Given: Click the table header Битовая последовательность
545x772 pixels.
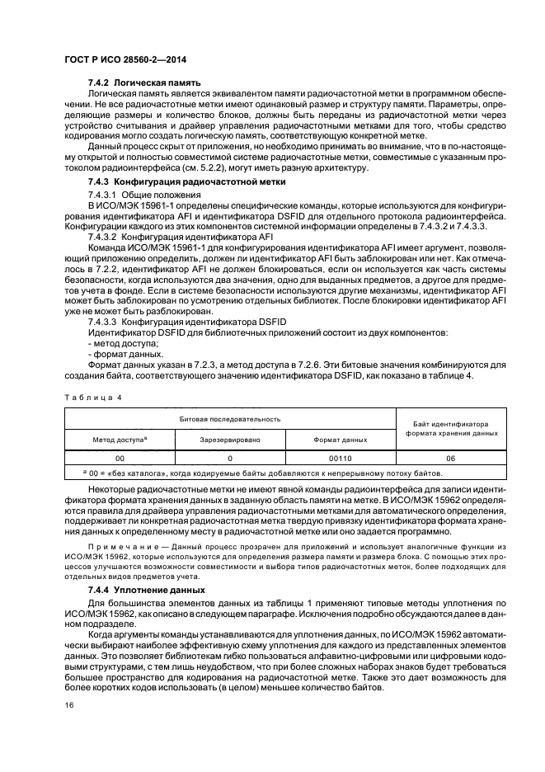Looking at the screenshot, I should [x=231, y=419].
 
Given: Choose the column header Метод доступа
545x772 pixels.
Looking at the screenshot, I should [x=120, y=440].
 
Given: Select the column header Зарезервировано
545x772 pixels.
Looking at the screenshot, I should [x=230, y=440].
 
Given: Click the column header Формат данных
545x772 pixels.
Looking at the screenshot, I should [x=341, y=440].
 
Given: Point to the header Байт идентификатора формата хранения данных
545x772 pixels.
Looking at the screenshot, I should [x=451, y=429].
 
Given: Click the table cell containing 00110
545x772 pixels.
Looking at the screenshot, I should [x=341, y=457].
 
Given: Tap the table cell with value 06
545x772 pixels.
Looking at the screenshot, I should [x=451, y=457].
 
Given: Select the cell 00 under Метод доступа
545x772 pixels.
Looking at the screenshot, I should [x=120, y=457].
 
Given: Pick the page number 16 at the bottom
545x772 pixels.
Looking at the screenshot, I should [x=68, y=705].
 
